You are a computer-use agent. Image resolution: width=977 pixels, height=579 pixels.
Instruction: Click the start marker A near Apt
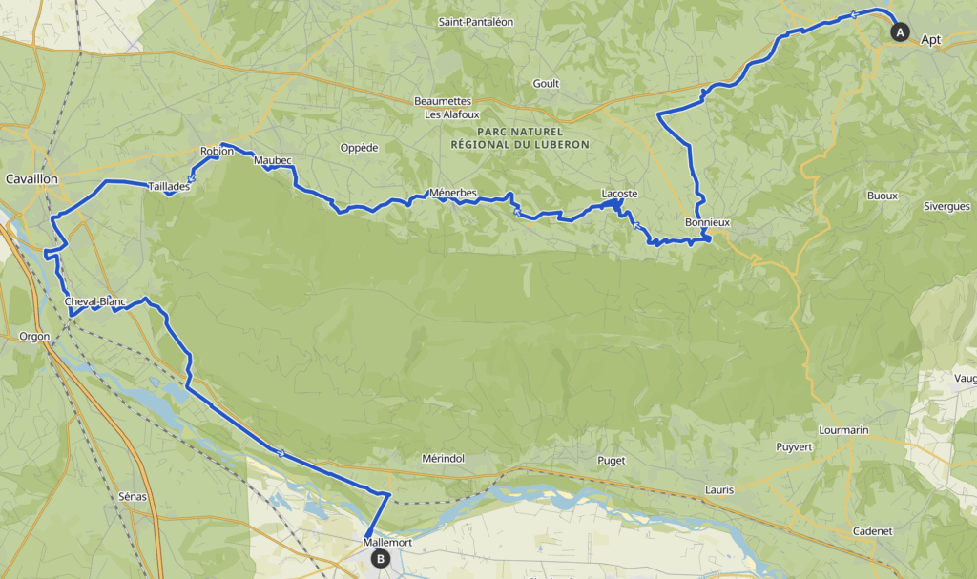[x=899, y=32]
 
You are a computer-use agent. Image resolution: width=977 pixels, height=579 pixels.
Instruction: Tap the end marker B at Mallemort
[x=381, y=559]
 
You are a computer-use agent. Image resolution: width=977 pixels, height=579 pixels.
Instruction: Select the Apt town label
[x=930, y=40]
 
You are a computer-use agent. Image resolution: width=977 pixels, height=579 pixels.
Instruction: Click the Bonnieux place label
[x=707, y=222]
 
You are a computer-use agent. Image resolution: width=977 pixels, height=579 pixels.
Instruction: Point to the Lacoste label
[x=619, y=194]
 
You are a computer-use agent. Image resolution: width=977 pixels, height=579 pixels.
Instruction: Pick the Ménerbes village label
[x=453, y=193]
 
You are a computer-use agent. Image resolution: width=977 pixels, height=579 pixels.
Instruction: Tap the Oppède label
[x=360, y=147]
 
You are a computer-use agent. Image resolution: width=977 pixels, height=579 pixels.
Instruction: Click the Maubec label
[x=272, y=160]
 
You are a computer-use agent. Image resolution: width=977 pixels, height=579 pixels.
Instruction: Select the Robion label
[x=217, y=152]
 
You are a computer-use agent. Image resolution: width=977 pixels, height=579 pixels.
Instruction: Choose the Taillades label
[x=169, y=187]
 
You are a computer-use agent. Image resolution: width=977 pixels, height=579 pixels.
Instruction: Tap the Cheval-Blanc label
[x=95, y=302]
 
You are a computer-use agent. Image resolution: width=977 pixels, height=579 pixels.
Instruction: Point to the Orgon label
[x=33, y=336]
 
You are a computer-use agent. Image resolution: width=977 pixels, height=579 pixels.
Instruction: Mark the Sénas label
[x=132, y=497]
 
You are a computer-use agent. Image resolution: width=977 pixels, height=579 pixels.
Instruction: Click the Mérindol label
[x=443, y=459]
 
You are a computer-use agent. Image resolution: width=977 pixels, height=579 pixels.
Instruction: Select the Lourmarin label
[x=843, y=430]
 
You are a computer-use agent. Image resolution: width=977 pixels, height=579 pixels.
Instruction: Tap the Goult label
[x=546, y=83]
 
